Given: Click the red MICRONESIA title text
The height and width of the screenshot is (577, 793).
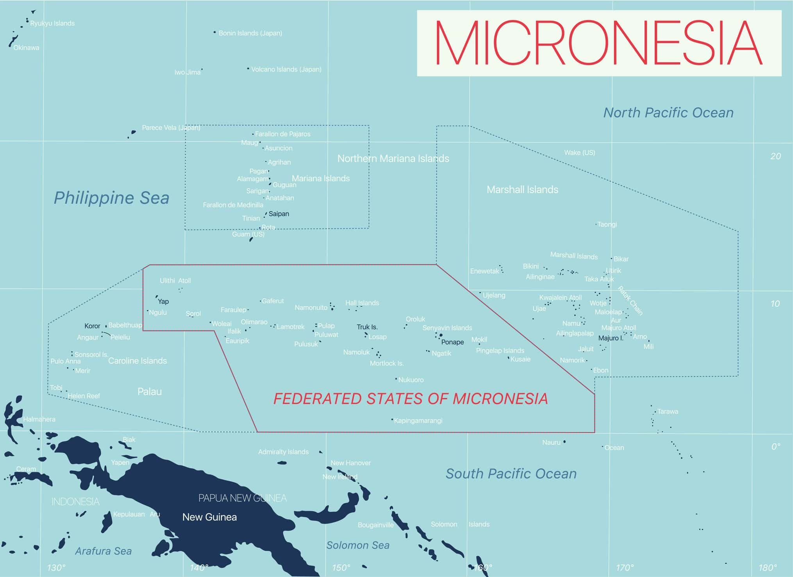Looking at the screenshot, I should click(x=598, y=43).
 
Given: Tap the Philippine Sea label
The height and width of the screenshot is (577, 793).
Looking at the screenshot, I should click(x=111, y=198).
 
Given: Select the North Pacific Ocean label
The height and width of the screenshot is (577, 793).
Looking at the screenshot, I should click(x=668, y=113).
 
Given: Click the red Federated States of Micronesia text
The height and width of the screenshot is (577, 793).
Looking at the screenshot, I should click(x=410, y=399).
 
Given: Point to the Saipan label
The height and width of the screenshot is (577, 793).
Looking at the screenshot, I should click(x=279, y=214).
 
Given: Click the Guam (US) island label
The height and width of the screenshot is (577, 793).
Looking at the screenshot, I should click(x=248, y=234).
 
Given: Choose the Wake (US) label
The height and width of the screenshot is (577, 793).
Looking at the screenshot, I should click(x=579, y=152).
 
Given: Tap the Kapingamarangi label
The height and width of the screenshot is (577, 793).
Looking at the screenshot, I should click(x=418, y=421).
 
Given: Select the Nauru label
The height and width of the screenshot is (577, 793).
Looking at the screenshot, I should click(x=551, y=442).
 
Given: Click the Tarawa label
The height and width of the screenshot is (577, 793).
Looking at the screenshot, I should click(x=668, y=411).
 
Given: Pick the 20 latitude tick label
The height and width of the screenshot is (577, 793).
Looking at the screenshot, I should click(x=775, y=156).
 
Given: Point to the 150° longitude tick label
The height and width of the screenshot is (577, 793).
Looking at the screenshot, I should click(x=341, y=568).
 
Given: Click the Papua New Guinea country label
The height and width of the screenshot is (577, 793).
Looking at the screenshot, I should click(x=242, y=498).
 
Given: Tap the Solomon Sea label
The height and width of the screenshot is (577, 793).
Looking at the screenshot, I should click(x=358, y=545).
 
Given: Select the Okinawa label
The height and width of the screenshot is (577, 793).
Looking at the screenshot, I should click(x=26, y=48).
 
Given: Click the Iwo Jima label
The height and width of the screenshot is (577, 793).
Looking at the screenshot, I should click(x=187, y=72).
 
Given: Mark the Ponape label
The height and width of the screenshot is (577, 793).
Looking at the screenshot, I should click(x=452, y=342).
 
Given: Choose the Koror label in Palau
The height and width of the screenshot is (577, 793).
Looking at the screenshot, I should click(x=92, y=326).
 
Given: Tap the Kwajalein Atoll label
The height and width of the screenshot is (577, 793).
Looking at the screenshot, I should click(x=560, y=298).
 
